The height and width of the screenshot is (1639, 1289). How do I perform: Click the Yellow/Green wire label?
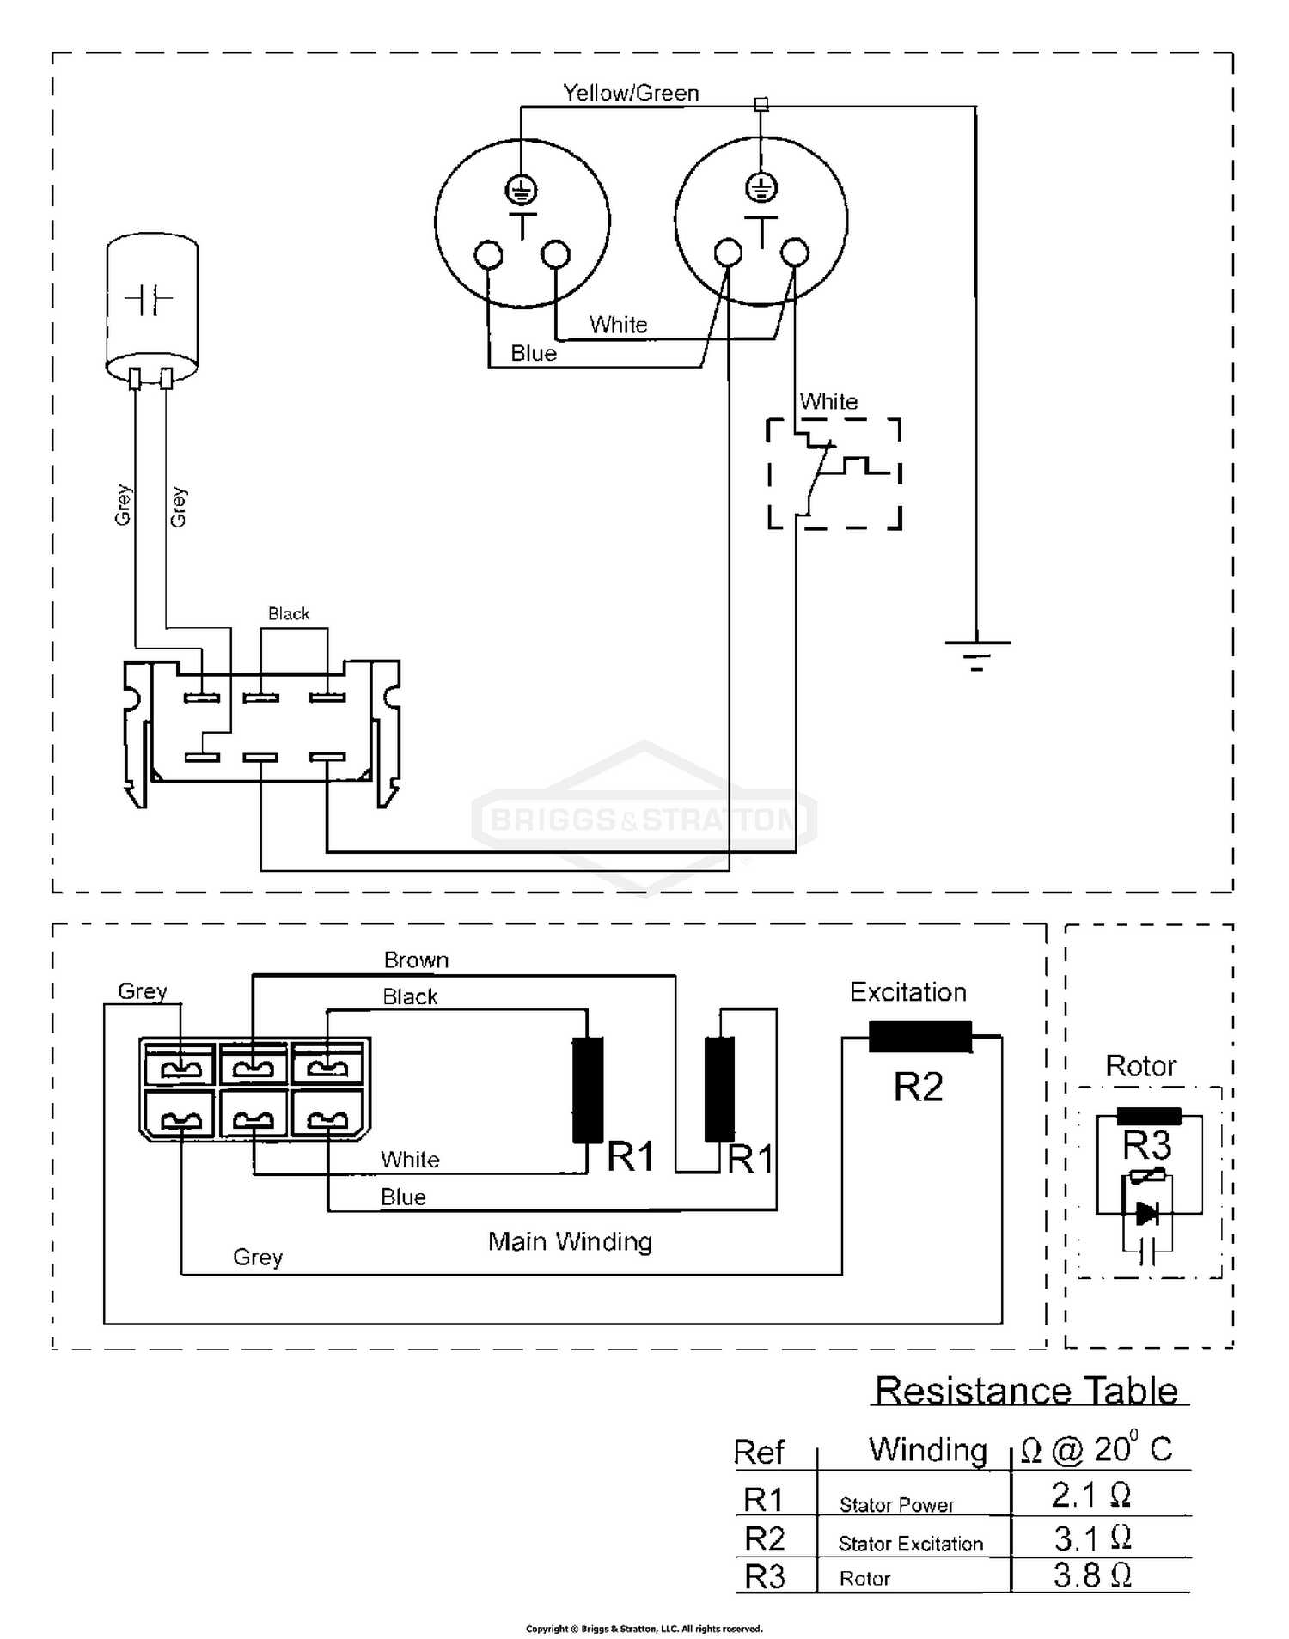(631, 93)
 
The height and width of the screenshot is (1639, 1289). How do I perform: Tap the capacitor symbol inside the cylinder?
(150, 300)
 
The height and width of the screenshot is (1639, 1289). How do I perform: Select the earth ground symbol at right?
(977, 652)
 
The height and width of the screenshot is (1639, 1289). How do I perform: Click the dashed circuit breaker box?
(834, 473)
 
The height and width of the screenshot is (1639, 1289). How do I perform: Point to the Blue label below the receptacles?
(534, 353)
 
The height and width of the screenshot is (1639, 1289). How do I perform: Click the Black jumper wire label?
(289, 613)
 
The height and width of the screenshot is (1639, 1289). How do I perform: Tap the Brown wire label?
(416, 960)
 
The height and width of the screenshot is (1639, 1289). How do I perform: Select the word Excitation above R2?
(907, 992)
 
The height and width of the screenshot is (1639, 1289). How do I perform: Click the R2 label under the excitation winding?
(918, 1088)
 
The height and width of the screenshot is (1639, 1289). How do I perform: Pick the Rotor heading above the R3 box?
(1140, 1066)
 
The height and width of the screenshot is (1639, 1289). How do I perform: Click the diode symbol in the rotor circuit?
(1146, 1214)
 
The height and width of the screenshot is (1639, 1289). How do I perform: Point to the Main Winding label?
(570, 1241)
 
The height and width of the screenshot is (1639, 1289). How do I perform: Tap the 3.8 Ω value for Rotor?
(1091, 1575)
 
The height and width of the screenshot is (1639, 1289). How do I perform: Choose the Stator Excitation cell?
(910, 1544)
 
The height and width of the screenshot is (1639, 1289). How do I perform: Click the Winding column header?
(928, 1449)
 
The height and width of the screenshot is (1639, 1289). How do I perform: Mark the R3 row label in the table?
(765, 1577)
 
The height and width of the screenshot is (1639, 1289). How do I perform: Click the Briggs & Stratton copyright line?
(644, 1629)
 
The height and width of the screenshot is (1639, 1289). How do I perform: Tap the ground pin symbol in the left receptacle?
(522, 188)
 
